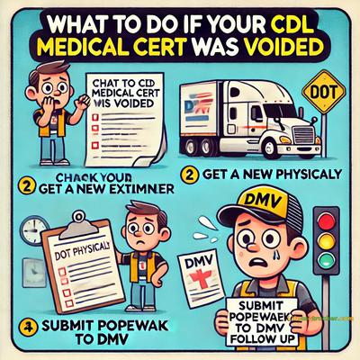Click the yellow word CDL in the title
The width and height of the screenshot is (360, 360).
tap(282, 20)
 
